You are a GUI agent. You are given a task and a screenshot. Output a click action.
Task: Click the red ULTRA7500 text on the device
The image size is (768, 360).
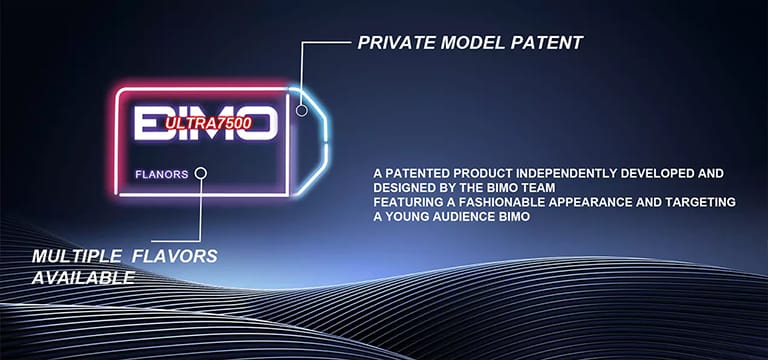coord(207,123)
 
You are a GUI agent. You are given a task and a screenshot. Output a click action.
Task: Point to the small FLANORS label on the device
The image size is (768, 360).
coord(161,174)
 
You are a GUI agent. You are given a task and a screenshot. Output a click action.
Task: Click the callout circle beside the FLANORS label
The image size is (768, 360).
coord(201,173)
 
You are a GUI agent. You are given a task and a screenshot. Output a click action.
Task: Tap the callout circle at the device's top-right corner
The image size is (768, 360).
coord(302,99)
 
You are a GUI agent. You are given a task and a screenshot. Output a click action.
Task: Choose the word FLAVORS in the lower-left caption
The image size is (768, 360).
coord(177,257)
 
